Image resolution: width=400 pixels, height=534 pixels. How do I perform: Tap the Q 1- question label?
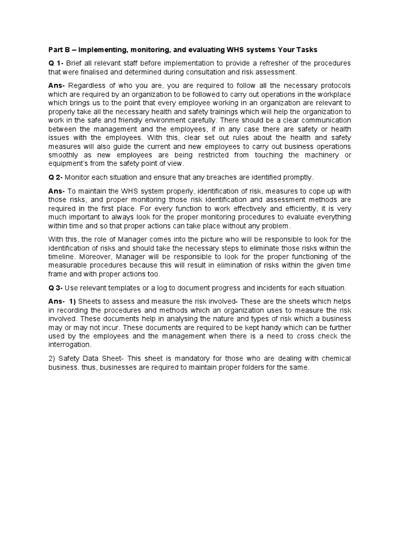point(56,64)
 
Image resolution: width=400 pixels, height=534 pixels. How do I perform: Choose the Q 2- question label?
point(56,177)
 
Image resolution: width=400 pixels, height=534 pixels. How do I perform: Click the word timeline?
point(65,257)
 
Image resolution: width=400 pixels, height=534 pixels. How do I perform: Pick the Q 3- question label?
point(56,288)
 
